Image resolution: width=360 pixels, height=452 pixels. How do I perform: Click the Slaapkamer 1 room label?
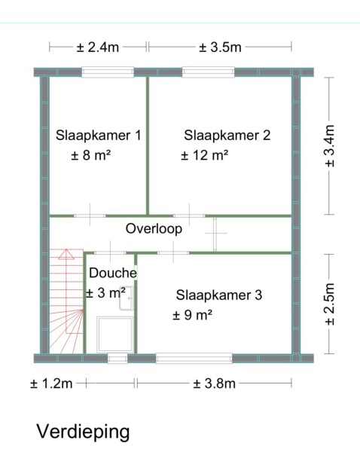coord(99,136)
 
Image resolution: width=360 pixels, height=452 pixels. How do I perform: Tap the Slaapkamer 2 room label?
coord(227,136)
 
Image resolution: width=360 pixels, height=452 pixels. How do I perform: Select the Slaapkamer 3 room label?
coord(219,295)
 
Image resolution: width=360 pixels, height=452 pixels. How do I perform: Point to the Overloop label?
coord(154,228)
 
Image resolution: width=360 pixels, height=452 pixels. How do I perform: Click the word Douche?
coord(113,273)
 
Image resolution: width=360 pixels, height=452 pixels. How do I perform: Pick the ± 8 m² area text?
coord(91,155)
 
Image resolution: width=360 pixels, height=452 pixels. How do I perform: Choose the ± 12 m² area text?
coord(205,155)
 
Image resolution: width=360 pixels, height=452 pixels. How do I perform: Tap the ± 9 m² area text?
coord(193,315)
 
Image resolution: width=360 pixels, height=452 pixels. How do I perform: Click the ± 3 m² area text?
coord(105,293)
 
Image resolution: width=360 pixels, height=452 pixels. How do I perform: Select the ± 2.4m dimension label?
coord(98,47)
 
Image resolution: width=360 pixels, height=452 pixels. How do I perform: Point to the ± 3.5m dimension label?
coord(220,47)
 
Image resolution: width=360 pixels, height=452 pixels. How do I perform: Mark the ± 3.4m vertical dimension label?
coord(329,146)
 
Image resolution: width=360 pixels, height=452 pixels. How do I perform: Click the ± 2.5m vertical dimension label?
coord(329,304)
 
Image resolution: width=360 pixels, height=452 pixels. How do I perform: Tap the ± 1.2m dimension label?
coord(51,383)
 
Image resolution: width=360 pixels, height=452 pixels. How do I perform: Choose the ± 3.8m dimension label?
coord(214,383)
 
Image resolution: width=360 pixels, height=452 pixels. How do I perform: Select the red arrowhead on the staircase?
coord(66,254)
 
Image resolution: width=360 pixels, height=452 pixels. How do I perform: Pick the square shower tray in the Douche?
coord(115,334)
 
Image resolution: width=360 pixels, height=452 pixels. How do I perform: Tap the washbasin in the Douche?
coord(126,298)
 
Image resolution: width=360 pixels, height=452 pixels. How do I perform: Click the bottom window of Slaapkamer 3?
coord(194,359)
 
